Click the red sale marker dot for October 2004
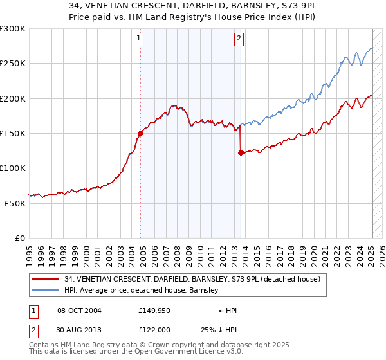click(x=140, y=134)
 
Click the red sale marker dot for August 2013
click(x=241, y=153)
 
